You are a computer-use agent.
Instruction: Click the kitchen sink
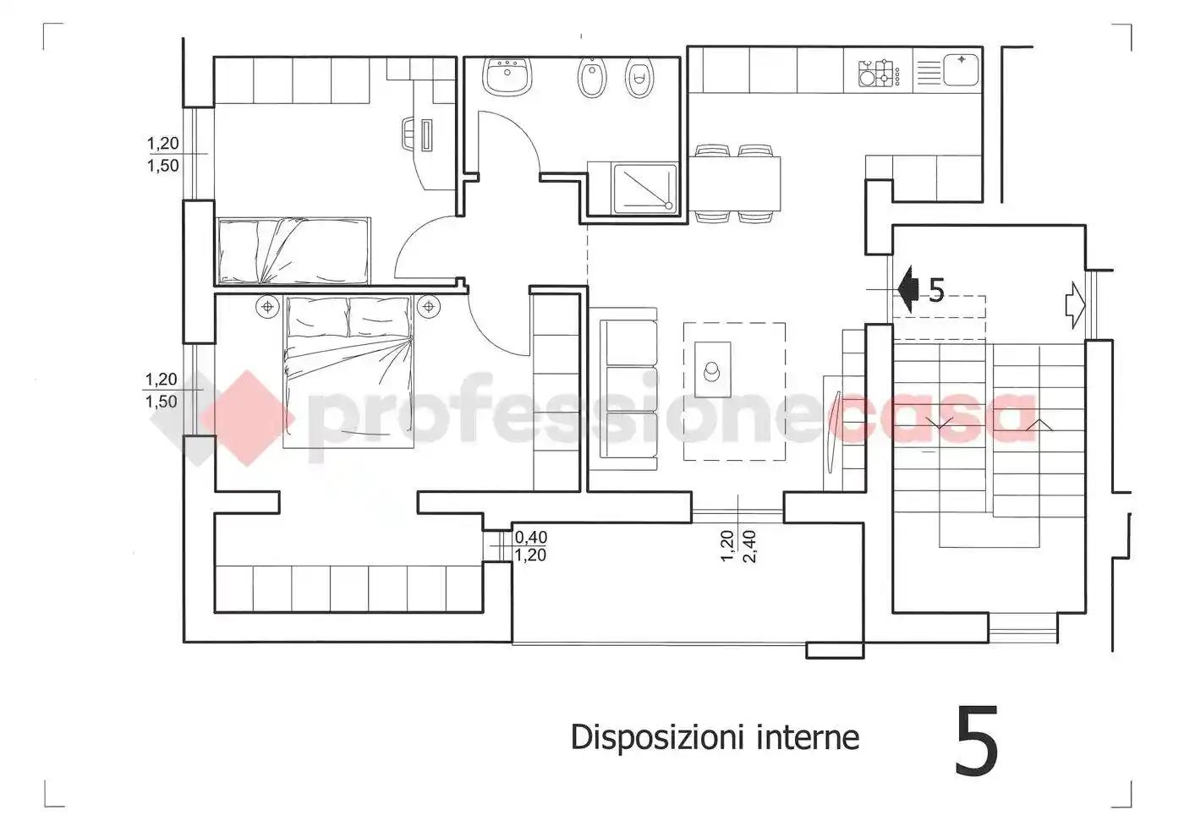(961, 69)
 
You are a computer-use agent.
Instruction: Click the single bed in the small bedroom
(293, 251)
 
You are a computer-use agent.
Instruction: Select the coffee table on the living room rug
(713, 368)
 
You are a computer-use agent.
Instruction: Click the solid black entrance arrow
(907, 289)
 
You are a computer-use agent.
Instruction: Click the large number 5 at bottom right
(977, 741)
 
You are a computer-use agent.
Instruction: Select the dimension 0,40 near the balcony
(531, 537)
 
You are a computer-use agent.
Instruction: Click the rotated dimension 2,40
(749, 546)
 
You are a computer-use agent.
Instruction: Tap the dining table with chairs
(734, 183)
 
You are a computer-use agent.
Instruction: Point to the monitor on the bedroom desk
(425, 135)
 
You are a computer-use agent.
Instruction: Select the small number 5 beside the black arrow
(936, 290)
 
